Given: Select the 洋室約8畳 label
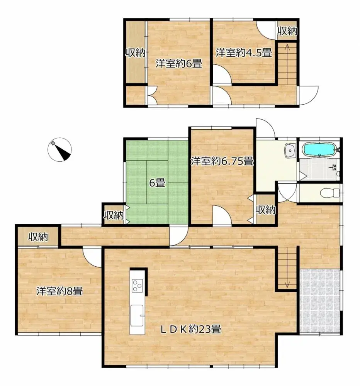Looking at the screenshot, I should pos(59,291).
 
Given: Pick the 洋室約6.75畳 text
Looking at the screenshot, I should pos(222,161).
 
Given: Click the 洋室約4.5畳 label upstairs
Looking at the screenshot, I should pos(243,52).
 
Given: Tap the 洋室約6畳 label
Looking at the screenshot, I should pos(179,64).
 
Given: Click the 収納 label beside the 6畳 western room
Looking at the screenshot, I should pos(135,53).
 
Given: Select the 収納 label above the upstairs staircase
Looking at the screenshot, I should pos(287,31).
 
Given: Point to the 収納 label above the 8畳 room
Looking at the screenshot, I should pos(37,237).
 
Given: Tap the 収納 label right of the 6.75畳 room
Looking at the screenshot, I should pos(266,210).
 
